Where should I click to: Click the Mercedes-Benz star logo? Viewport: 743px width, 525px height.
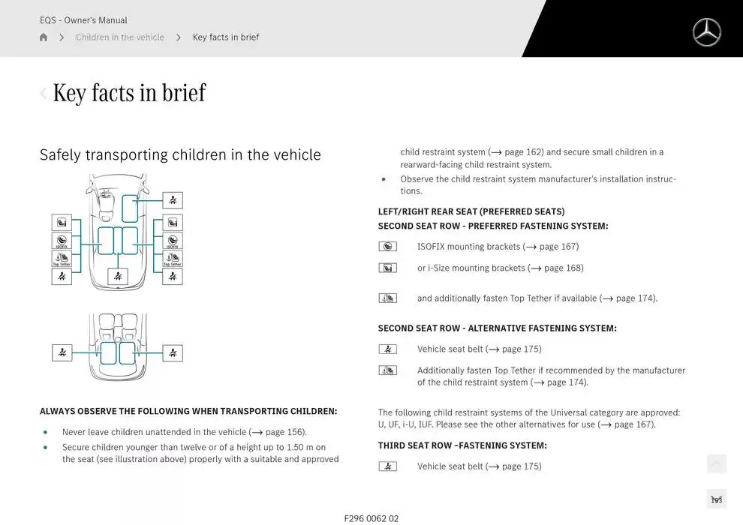[x=705, y=32]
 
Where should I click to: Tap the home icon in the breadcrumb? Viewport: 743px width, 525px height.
[x=44, y=37]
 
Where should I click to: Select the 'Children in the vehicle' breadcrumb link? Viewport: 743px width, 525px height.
[x=119, y=37]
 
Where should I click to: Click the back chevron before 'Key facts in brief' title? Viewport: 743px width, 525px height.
[x=44, y=93]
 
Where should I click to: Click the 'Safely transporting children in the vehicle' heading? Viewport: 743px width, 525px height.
[x=180, y=154]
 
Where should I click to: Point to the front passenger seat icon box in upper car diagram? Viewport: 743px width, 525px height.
[x=173, y=200]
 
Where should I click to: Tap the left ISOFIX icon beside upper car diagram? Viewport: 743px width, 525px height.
[x=62, y=241]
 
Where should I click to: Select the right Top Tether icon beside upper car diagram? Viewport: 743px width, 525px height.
[x=173, y=259]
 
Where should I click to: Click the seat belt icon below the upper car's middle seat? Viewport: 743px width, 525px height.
[x=117, y=276]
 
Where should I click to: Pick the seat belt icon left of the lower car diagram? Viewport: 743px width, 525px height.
[x=62, y=352]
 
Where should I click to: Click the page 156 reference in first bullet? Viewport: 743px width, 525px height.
[x=284, y=432]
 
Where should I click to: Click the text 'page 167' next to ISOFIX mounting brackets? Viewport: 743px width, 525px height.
[x=558, y=247]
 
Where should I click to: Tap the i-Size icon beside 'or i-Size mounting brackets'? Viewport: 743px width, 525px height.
[x=387, y=268]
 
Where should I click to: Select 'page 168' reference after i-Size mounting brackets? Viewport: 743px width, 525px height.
[x=563, y=268]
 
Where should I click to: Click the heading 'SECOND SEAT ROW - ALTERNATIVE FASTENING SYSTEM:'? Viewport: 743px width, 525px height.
[x=497, y=328]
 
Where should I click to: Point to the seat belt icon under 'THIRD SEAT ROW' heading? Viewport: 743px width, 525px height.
[x=387, y=466]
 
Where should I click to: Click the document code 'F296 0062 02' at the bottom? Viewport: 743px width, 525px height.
[x=371, y=518]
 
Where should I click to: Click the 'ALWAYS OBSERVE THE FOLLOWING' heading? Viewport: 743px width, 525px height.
[x=188, y=411]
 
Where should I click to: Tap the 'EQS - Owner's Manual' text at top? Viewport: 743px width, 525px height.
[x=83, y=20]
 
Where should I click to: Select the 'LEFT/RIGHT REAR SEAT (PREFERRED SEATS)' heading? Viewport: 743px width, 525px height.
[x=471, y=211]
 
